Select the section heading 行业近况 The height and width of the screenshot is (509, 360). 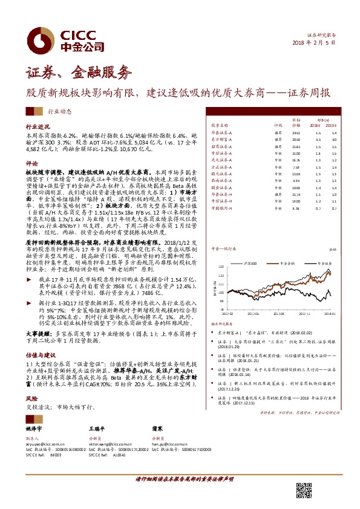pos(37,128)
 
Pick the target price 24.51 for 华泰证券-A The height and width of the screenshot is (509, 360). pos(296,132)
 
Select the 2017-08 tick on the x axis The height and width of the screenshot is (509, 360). pos(278,314)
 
